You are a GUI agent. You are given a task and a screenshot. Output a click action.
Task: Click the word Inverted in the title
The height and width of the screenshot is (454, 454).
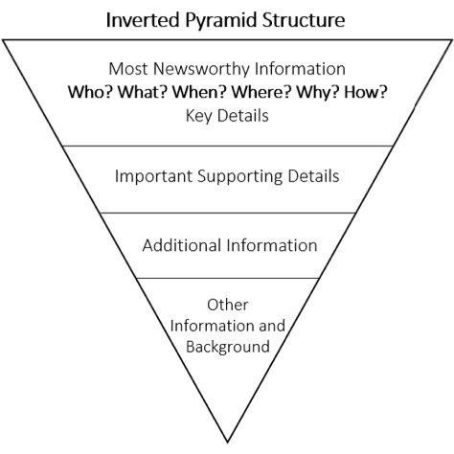[143, 20]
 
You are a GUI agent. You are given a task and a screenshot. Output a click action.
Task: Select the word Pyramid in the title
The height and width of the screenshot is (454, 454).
[221, 21]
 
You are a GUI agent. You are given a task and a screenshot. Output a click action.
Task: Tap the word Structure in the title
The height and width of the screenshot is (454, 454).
[304, 20]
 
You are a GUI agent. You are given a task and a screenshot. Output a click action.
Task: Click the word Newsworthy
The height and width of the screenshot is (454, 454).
[202, 69]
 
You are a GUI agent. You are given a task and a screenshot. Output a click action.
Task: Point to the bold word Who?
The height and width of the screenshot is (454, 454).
[90, 92]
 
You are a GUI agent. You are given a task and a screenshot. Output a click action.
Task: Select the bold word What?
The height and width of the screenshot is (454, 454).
[143, 92]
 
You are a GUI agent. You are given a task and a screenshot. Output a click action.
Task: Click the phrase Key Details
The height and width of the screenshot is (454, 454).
[227, 116]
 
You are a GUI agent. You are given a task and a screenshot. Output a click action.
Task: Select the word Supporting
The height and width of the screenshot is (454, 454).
[239, 177]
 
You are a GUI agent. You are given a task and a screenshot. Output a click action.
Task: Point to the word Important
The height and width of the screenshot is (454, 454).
[153, 177]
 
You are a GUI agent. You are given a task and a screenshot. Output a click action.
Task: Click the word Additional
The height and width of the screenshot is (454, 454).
[182, 245]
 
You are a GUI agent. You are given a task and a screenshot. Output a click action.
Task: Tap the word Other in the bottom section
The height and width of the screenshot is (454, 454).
[227, 305]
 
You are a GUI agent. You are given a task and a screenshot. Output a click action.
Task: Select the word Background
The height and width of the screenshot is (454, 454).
[228, 348]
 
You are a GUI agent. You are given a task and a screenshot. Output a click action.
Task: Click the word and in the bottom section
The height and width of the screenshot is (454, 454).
[272, 326]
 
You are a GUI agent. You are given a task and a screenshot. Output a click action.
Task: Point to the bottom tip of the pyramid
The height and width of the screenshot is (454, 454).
[227, 443]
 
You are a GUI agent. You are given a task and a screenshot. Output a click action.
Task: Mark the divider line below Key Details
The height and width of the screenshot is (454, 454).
[227, 147]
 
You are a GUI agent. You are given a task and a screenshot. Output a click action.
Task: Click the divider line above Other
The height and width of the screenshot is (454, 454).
[227, 278]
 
